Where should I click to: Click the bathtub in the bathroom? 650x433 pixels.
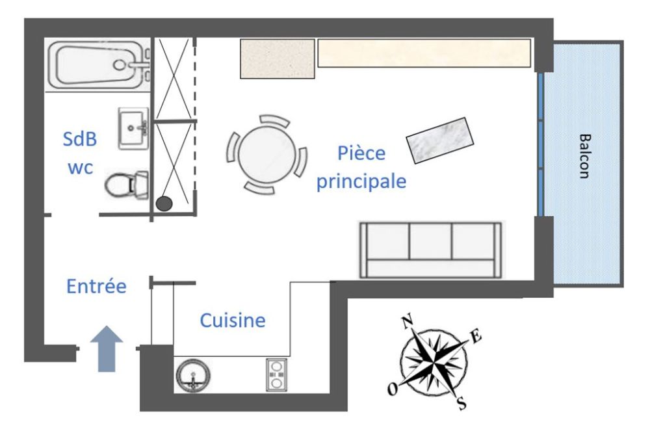pos(98,64)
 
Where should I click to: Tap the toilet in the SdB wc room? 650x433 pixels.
pos(126,185)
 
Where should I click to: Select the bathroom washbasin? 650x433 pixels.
pos(133,128)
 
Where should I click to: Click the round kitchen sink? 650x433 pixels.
pos(193,376)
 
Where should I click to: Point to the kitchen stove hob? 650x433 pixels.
pos(276,375)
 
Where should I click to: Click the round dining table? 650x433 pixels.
pos(267,154)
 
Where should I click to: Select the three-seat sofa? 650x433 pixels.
pos(431,250)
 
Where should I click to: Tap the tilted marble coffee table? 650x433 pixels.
pos(440,140)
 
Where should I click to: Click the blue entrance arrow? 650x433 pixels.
pos(107,348)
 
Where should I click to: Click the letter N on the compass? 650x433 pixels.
pos(408,322)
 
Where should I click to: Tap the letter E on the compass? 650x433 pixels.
pos(476,336)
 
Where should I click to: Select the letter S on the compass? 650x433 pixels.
pos(461,403)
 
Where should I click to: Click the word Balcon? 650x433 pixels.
pos(584,156)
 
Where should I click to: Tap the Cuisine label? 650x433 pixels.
pos(233,321)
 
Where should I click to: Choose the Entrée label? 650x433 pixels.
pos(96,286)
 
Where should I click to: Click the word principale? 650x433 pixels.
pos(361,181)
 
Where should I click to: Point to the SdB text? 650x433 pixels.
pos(79,139)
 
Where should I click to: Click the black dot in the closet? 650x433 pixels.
pos(164,203)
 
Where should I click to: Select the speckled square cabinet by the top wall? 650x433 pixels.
pos(278,59)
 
